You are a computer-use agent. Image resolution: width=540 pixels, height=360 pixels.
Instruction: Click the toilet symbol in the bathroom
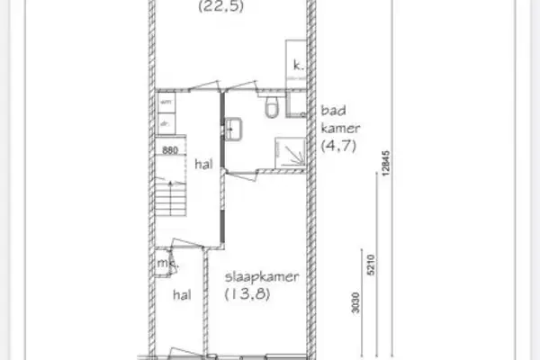point(272,110)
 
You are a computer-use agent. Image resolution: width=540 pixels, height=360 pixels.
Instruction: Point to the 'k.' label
point(297,65)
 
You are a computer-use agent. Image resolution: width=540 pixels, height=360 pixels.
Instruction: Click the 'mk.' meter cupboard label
point(165,265)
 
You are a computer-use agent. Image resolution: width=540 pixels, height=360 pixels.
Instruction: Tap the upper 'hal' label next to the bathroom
point(202,165)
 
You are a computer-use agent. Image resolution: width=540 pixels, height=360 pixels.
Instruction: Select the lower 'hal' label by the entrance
point(184,293)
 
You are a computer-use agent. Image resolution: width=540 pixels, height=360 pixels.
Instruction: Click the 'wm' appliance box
point(166,104)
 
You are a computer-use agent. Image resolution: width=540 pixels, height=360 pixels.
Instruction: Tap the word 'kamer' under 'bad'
point(337,130)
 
